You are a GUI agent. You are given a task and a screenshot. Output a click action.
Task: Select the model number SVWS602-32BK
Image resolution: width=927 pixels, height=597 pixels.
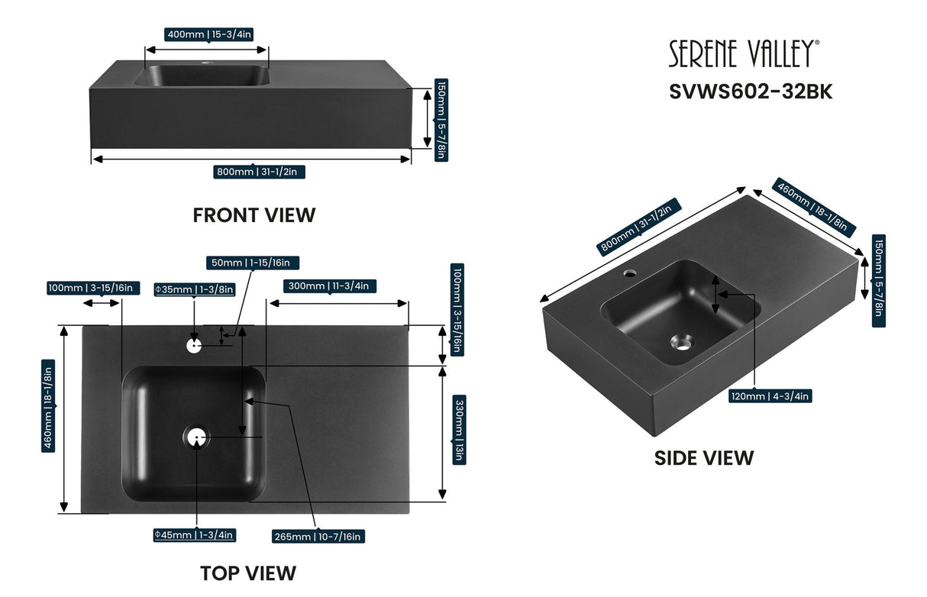point(751,91)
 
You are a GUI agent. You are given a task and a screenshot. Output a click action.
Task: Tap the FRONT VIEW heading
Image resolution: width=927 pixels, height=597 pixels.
point(254,215)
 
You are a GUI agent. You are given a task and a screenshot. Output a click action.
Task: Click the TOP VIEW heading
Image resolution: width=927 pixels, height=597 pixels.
point(247,572)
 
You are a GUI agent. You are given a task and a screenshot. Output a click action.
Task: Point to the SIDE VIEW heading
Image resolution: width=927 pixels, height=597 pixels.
point(703,457)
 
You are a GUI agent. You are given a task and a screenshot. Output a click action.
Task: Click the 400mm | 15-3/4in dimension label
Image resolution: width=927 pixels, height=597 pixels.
point(208,34)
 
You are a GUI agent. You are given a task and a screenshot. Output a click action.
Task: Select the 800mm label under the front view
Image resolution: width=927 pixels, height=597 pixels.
point(260,172)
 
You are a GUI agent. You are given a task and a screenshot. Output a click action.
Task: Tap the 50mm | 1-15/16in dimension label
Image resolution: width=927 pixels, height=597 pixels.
point(253,263)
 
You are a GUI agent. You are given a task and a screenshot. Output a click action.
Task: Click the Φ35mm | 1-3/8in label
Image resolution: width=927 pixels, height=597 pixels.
point(194,289)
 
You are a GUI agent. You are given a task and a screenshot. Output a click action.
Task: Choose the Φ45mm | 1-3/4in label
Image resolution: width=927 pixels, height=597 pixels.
point(194,535)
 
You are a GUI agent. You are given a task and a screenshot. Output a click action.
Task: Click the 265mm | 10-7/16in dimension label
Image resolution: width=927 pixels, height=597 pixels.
point(318,537)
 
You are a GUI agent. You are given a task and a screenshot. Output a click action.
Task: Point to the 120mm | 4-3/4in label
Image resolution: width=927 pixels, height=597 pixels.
point(770,395)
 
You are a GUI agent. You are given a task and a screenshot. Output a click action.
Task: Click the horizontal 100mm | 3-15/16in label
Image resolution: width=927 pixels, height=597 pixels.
point(90,288)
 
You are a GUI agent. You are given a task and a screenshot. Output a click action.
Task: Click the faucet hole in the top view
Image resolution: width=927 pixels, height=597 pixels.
point(193,345)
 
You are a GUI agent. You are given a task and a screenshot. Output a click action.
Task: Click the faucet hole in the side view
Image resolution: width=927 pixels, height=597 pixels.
point(631,272)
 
